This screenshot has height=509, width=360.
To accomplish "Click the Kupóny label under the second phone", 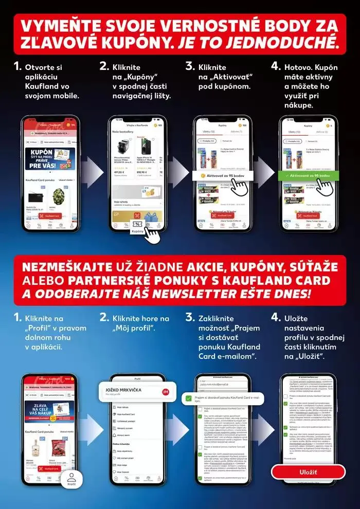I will coord(138,231).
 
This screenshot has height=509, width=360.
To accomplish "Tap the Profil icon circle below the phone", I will coord(71,479).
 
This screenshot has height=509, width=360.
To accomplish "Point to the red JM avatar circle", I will coord(165,392).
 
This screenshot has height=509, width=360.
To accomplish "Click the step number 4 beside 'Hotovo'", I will coord(275,67).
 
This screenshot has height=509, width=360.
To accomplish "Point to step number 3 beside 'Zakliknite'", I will coord(190,318).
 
